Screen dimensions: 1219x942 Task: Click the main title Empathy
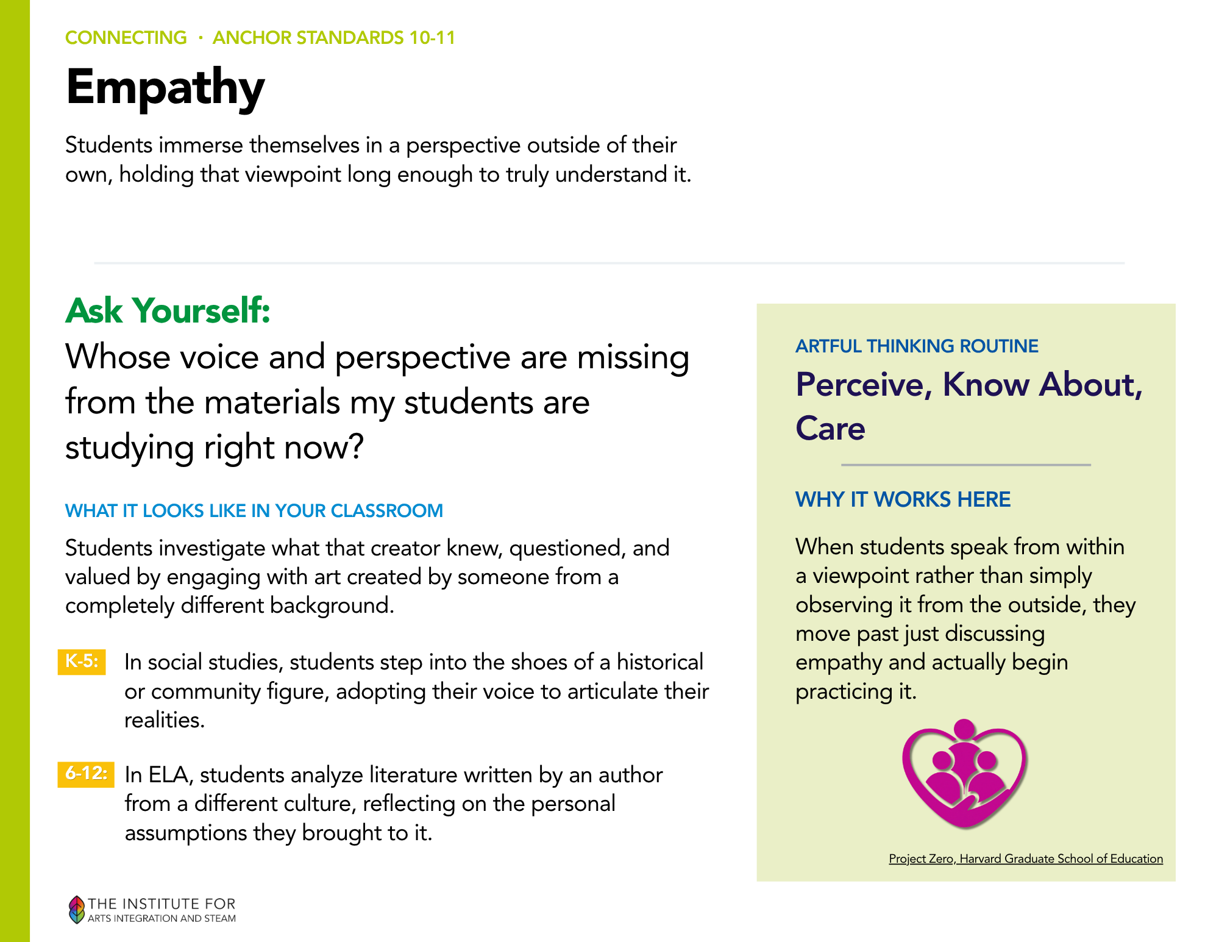165,88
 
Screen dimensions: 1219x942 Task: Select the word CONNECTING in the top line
126,38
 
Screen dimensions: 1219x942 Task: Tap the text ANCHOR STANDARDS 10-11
334,38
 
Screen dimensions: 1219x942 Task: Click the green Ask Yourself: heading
168,310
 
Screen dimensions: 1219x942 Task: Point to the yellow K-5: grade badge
82,662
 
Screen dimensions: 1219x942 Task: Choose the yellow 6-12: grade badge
86,774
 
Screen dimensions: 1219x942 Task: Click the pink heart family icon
965,774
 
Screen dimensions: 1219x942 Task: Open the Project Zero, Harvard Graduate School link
1026,858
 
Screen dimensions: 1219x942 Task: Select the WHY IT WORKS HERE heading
903,499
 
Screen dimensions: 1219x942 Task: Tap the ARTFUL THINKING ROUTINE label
917,346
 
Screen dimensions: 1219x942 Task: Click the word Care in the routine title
830,428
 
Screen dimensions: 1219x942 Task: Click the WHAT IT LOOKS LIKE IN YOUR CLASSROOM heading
254,510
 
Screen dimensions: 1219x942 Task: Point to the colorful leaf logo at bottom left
76,909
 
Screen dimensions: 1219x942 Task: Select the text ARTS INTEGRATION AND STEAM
162,918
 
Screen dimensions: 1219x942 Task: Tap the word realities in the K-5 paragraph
164,720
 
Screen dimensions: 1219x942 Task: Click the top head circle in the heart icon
964,729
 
